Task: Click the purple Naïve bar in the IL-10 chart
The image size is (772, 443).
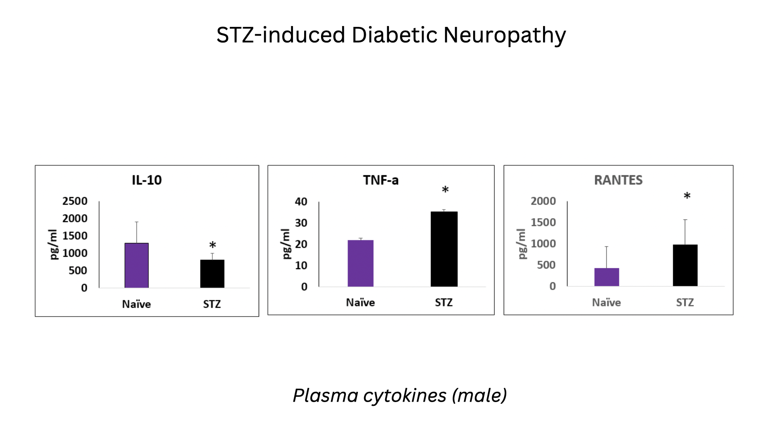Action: click(x=136, y=265)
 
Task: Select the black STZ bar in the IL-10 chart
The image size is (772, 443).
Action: click(x=212, y=274)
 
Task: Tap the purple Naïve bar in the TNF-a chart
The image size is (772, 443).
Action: click(x=360, y=263)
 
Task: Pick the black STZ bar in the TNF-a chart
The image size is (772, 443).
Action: click(x=444, y=249)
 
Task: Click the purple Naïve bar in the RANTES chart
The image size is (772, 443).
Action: click(x=606, y=277)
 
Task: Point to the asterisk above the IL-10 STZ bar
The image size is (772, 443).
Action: click(x=212, y=245)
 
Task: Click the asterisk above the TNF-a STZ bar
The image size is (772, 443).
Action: click(x=445, y=190)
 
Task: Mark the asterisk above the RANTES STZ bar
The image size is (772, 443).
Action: click(x=687, y=196)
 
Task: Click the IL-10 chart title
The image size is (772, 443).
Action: click(x=147, y=180)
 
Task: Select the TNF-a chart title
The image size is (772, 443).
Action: click(x=381, y=180)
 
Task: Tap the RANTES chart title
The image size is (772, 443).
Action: click(x=618, y=180)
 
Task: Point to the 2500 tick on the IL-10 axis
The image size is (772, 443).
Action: click(x=75, y=201)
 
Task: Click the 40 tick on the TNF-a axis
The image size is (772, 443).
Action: click(x=301, y=202)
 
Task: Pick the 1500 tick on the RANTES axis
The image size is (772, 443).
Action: click(x=543, y=222)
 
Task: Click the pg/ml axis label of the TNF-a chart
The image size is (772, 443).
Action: click(x=286, y=244)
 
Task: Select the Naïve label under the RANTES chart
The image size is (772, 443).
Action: click(x=606, y=302)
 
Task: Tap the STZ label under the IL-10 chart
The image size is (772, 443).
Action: click(x=212, y=304)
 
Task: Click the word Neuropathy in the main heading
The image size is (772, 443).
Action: click(x=504, y=35)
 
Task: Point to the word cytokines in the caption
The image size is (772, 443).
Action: click(x=405, y=395)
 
